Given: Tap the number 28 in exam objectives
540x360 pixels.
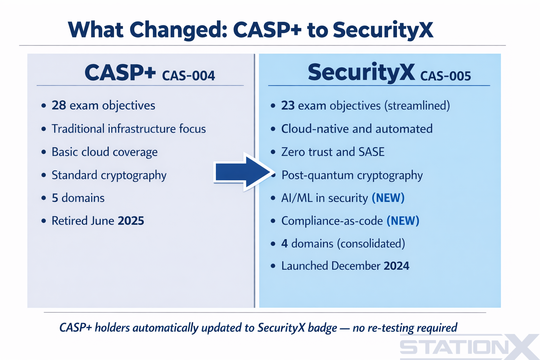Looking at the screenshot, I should (x=59, y=105).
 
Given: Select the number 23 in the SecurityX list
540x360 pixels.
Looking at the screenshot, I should (x=288, y=105).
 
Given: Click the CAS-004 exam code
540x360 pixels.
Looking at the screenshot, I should (x=188, y=76).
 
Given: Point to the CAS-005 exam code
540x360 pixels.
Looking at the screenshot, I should (x=445, y=76).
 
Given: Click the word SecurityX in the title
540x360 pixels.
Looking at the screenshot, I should (x=383, y=30).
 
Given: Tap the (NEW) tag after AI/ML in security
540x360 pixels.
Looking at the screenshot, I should (x=388, y=198).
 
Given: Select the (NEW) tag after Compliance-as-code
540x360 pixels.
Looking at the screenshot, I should (x=403, y=221).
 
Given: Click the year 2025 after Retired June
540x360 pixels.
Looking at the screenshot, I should (x=131, y=221).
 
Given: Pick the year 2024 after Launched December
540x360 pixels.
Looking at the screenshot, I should (x=396, y=266).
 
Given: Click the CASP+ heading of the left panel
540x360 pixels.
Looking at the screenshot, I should (x=120, y=73).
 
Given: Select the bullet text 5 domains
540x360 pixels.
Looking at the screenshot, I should (x=78, y=198).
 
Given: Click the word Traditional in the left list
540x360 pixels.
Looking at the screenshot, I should (x=78, y=129).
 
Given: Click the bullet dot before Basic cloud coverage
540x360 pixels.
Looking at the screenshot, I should (x=44, y=152).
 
